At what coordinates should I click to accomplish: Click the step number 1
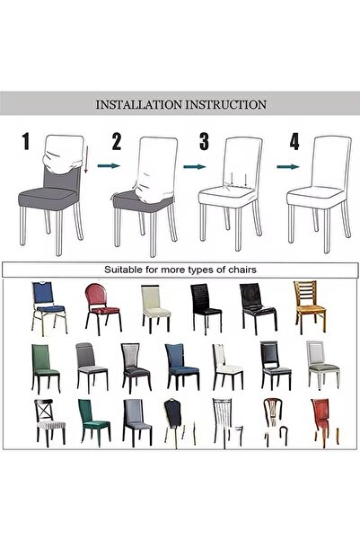[x=26, y=141]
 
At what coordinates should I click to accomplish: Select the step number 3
[x=204, y=141]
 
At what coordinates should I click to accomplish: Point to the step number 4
[x=294, y=141]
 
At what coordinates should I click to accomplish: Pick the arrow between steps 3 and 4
[x=287, y=165]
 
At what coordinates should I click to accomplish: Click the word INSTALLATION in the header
[x=142, y=104]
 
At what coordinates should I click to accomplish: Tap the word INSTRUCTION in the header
[x=228, y=104]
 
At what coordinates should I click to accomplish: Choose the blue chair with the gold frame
[x=44, y=306]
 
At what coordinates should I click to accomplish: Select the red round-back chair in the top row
[x=97, y=306]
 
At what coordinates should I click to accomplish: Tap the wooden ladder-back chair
[x=308, y=306]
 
